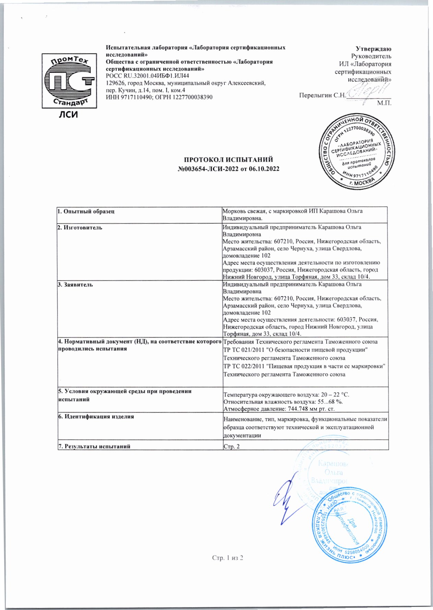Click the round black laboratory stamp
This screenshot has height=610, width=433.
(355, 151)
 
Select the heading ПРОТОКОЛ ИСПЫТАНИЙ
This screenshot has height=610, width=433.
(229, 160)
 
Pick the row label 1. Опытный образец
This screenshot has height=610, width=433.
(86, 211)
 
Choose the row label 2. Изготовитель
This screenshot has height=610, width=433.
(80, 227)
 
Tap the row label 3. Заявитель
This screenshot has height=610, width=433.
(75, 284)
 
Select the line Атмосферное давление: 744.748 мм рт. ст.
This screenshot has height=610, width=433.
(279, 408)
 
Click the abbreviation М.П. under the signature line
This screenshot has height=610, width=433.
(384, 103)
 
